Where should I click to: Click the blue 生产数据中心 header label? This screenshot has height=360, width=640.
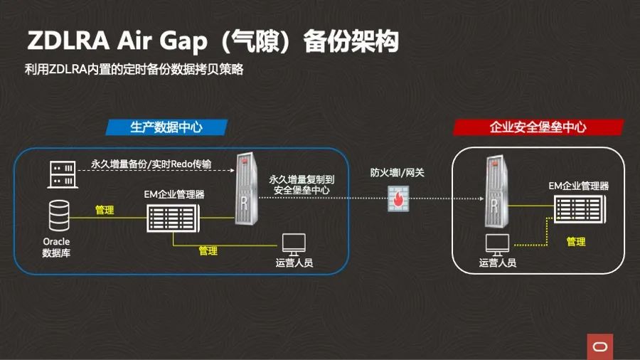pyautogui.click(x=166, y=127)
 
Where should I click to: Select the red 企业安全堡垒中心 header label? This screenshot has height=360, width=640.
pyautogui.click(x=538, y=127)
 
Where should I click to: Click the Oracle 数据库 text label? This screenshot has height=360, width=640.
pyautogui.click(x=57, y=247)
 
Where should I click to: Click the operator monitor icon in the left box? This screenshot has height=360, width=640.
pyautogui.click(x=294, y=244)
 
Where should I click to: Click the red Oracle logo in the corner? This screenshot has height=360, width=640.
pyautogui.click(x=599, y=346)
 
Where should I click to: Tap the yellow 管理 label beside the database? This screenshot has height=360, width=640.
pyautogui.click(x=105, y=211)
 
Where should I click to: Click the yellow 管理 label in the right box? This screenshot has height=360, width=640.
pyautogui.click(x=576, y=242)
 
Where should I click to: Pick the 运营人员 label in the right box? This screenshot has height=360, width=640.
pyautogui.click(x=497, y=263)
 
